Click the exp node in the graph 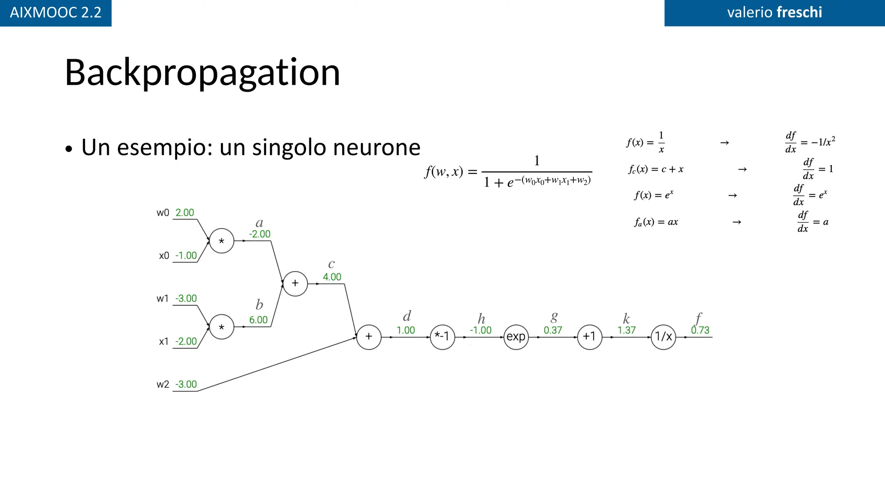[516, 337]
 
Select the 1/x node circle [663, 337]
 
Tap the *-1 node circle [442, 337]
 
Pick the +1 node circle [589, 337]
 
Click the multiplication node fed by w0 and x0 [222, 241]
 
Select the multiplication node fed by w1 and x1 [222, 327]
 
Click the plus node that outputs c [295, 284]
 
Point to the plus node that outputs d [369, 337]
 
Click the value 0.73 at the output [700, 330]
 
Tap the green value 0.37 [553, 330]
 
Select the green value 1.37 [626, 330]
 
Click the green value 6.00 [258, 320]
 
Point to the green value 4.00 [332, 277]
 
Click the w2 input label [163, 384]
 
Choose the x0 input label [164, 255]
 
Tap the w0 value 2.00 [185, 213]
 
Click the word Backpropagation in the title [202, 73]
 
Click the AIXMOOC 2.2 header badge [56, 13]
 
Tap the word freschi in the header [799, 12]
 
